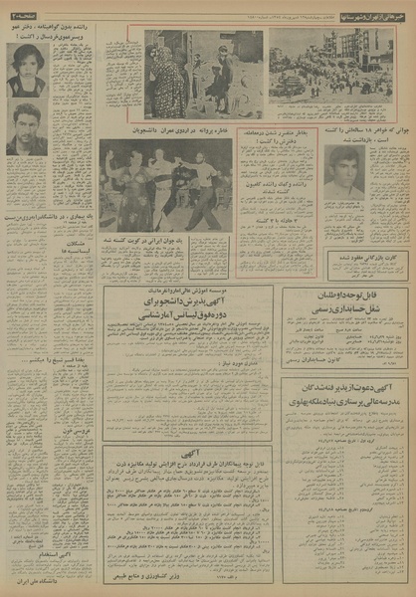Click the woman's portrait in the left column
pos(27,70)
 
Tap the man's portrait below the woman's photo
pos(27,128)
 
